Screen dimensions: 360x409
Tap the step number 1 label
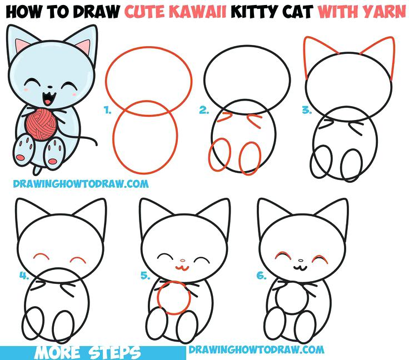pos(107,111)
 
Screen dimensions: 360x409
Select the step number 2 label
pos(204,111)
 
